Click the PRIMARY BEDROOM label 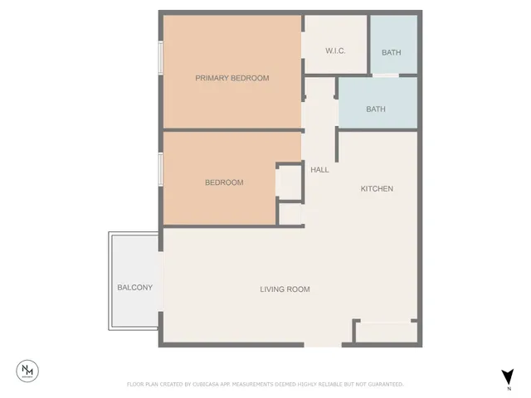coord(232,78)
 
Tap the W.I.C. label coord(335,51)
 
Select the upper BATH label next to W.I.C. coord(391,53)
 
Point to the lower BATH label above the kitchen coord(376,109)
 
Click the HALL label coord(319,169)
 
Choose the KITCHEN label coord(377,189)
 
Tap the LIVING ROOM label coord(285,289)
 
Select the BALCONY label coord(134,288)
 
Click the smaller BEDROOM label coord(224,182)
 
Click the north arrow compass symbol coord(508,376)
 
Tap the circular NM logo coord(29,370)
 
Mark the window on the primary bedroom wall coord(161,58)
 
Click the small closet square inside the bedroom coord(288,180)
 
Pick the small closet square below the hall coord(290,214)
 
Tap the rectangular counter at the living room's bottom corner coord(386,332)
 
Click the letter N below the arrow coord(508,388)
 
